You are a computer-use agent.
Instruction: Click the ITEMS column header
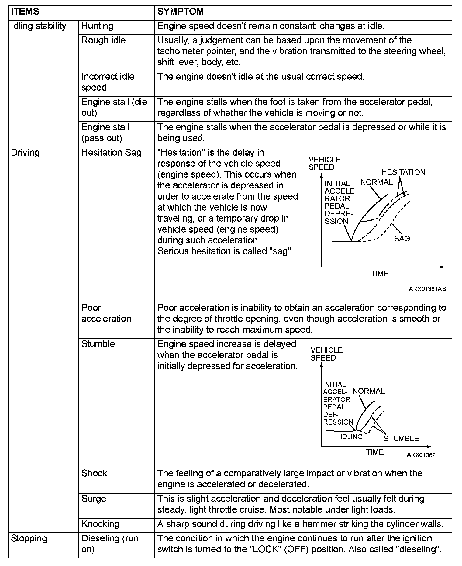25,12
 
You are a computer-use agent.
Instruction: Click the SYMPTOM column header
180,12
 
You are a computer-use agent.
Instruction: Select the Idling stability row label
38,26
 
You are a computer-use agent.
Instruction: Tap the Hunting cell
97,26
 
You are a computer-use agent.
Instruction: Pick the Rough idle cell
103,40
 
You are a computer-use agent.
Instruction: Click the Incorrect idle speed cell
108,82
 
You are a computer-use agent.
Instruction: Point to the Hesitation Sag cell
111,153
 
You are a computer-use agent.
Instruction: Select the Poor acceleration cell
106,313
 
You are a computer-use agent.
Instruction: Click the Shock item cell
94,473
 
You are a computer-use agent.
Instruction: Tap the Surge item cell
94,499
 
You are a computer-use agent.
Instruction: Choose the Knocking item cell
100,524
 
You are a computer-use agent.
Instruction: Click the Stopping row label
29,538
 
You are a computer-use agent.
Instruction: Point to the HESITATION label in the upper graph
403,172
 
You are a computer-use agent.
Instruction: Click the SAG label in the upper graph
402,239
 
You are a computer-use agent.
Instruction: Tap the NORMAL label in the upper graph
376,182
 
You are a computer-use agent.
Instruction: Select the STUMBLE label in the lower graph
401,438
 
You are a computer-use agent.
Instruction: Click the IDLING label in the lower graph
351,437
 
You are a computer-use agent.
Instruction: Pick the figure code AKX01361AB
427,289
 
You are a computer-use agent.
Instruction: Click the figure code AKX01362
421,455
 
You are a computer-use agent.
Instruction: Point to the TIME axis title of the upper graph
379,274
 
